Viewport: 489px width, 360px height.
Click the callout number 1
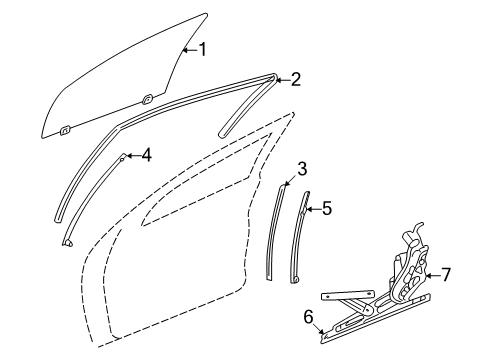tap(202, 48)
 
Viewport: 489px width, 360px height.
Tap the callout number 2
tap(296, 80)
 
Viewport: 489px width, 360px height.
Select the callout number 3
tap(301, 169)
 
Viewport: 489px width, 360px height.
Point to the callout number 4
tap(146, 154)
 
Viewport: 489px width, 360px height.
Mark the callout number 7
tap(447, 273)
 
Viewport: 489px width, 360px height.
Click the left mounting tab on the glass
tap(65, 129)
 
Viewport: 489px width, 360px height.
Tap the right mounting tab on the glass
tap(147, 98)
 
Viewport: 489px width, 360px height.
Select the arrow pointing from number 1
tap(186, 48)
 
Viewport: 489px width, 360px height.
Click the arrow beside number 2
tap(281, 80)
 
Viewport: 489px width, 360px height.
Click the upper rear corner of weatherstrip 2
tap(274, 76)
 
